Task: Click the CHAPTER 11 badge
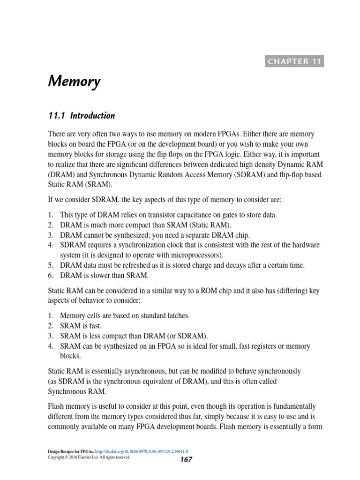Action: [294, 61]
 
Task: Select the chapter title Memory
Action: [74, 82]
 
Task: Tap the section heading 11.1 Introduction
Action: [82, 116]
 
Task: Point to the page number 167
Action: [186, 460]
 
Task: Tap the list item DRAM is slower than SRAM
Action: [104, 275]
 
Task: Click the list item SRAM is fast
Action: [81, 326]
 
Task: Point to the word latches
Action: [178, 316]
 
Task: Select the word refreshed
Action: [142, 265]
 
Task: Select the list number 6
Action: [51, 275]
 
